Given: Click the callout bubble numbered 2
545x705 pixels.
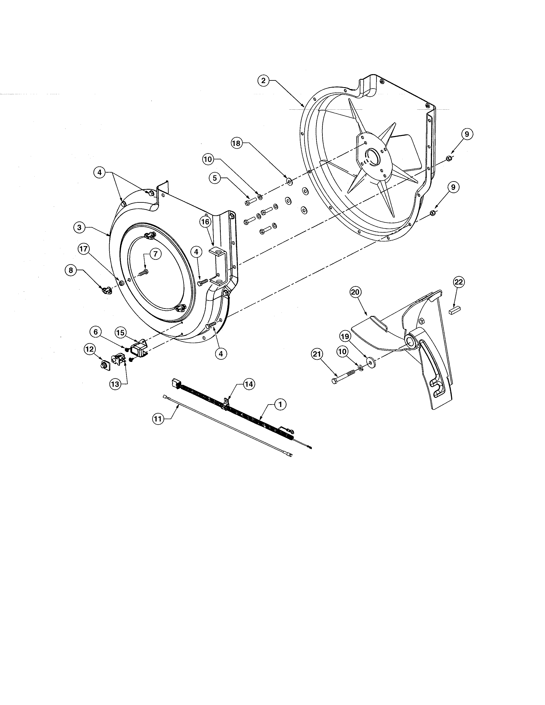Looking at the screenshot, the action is (x=264, y=80).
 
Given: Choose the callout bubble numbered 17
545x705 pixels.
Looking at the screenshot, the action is (x=84, y=249).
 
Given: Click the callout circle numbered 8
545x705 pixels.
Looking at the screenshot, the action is (x=71, y=270).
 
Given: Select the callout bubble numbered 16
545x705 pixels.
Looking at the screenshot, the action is (x=205, y=222).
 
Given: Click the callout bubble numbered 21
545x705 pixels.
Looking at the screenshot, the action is (x=317, y=354).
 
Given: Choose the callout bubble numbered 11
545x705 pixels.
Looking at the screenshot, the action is (x=158, y=419).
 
